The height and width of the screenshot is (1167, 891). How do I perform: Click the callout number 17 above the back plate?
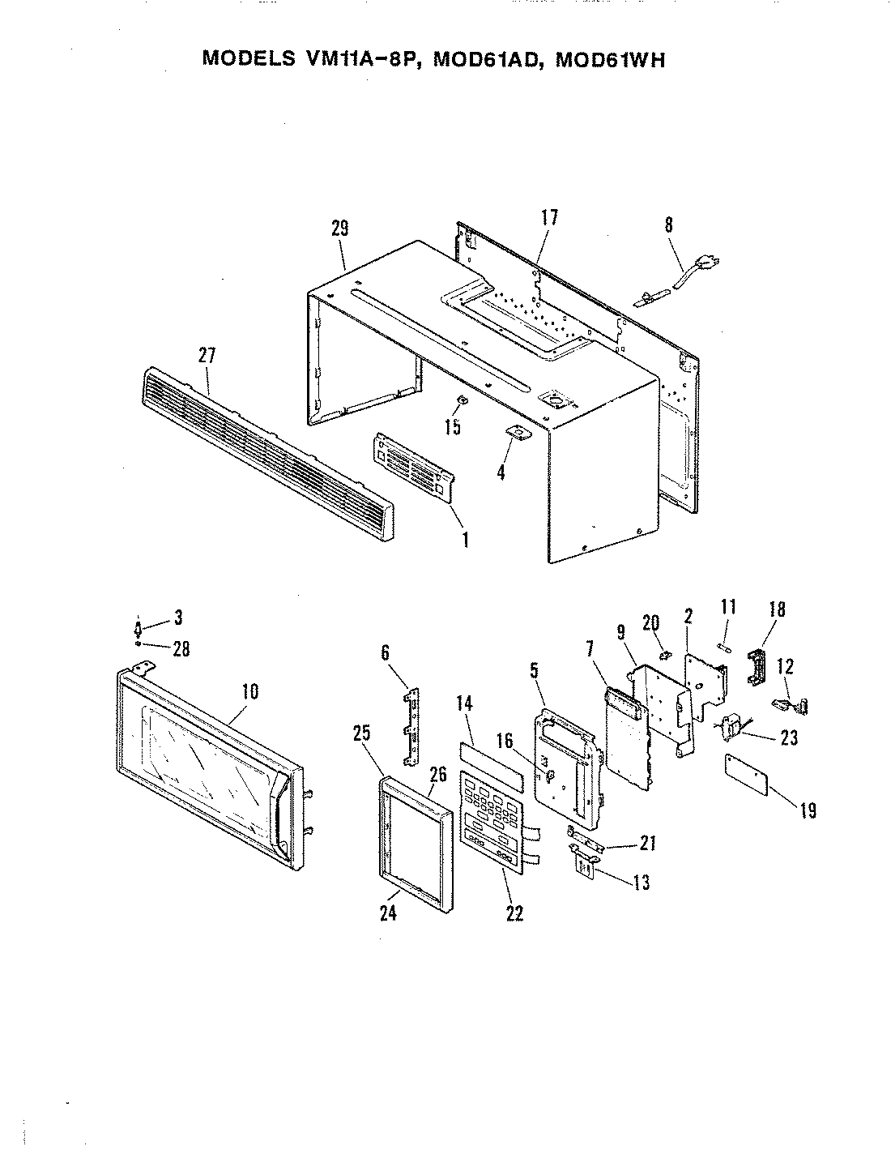point(549,218)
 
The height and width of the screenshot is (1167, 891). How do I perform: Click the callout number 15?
point(453,426)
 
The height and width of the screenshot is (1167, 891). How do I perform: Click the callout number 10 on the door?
point(249,691)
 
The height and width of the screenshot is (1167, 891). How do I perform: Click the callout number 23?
point(790,738)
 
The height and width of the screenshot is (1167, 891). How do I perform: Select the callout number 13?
point(642,883)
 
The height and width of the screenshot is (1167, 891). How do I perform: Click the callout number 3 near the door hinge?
point(177,618)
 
